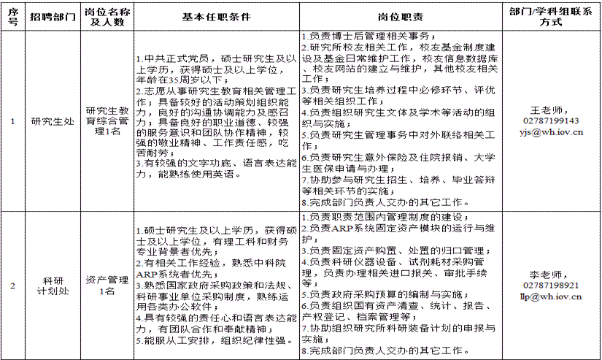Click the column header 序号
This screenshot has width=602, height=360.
pos(12,17)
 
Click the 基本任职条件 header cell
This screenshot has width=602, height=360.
pos(217,17)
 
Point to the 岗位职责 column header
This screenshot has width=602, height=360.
pos(401,17)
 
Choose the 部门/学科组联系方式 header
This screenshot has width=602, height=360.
pos(551,17)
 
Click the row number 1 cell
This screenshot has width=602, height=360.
pos(12,121)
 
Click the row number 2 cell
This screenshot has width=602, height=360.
pos(12,285)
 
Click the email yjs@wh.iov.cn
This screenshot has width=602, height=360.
pos(551,133)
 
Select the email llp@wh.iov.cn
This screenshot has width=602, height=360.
pos(551,297)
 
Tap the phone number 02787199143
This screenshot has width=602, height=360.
pos(551,121)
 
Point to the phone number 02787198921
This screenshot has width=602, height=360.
pos(551,286)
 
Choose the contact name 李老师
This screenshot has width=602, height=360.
pos(551,274)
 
